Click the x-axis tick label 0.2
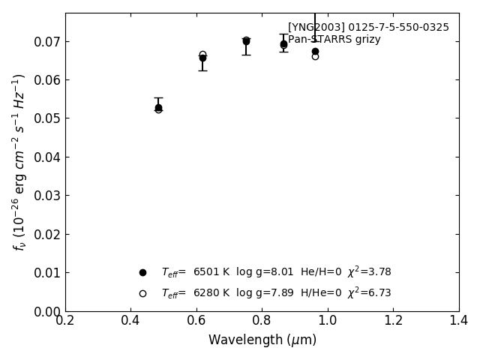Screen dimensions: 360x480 tap(65, 320)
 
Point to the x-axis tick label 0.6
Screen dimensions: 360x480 tap(196, 320)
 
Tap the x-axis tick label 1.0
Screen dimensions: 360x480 tap(328, 320)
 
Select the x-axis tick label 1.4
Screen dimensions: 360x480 tap(458, 320)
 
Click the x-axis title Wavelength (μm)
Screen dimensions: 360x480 tap(262, 340)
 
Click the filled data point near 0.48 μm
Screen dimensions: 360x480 tap(158, 107)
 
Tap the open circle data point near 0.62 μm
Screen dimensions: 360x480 tap(202, 55)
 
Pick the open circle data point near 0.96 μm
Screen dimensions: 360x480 tap(315, 56)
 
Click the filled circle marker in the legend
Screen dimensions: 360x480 tap(142, 272)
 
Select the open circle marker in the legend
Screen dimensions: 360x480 tap(142, 293)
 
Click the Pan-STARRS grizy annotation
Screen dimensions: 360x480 tap(334, 40)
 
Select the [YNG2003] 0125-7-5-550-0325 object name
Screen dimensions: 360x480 tap(368, 28)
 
